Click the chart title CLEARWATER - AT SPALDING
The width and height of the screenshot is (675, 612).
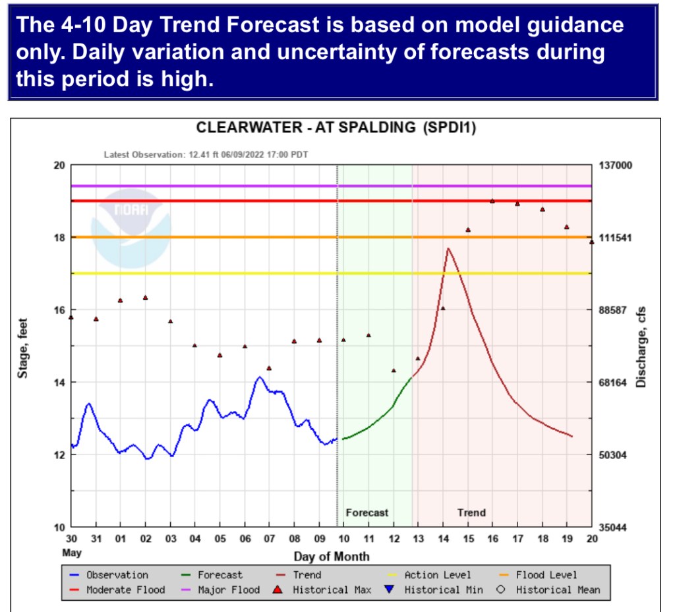(336, 128)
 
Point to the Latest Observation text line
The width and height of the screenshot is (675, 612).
(206, 155)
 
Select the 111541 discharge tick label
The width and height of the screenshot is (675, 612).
(614, 237)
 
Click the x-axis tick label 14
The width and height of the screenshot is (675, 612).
(444, 540)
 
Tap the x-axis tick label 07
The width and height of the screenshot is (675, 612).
(269, 540)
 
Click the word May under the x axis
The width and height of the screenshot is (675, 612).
(72, 553)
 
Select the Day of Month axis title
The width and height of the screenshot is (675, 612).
(332, 556)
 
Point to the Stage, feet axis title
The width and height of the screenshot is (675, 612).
(24, 346)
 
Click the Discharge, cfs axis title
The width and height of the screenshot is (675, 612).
(640, 346)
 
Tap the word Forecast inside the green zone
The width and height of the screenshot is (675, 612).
(367, 513)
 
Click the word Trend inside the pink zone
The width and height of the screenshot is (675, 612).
(471, 513)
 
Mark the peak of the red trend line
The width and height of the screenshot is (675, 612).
(448, 248)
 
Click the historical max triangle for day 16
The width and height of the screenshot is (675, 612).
(492, 201)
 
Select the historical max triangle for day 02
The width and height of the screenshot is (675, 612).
(145, 298)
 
